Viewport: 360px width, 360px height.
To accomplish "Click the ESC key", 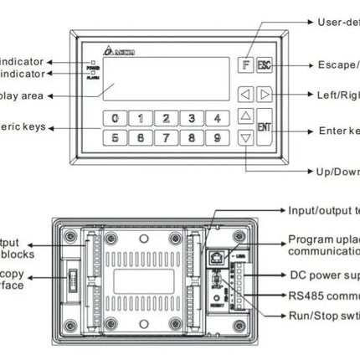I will pyautogui.click(x=265, y=64).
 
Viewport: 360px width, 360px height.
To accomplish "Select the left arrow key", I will pyautogui.click(x=245, y=94).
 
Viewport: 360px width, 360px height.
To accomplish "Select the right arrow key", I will pyautogui.click(x=265, y=94).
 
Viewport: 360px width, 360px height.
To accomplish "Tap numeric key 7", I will pyautogui.click(x=167, y=136).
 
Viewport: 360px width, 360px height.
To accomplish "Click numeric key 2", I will pyautogui.click(x=167, y=118).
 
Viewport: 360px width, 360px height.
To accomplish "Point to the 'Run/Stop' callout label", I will pyautogui.click(x=323, y=315).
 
